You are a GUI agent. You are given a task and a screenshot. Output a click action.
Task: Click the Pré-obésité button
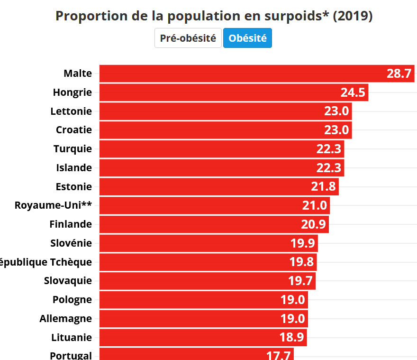(188, 38)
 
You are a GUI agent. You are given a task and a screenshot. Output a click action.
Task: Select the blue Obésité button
(247, 38)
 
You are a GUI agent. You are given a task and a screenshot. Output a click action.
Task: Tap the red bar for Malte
(256, 74)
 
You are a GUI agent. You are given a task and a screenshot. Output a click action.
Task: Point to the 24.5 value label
(353, 92)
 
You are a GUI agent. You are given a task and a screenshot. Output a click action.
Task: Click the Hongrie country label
(73, 92)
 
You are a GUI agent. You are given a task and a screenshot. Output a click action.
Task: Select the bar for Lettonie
(225, 111)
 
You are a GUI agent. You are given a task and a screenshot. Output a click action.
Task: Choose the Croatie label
(74, 130)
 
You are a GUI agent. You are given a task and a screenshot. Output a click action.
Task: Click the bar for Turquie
(221, 149)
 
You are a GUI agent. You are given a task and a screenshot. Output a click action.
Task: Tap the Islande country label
(74, 167)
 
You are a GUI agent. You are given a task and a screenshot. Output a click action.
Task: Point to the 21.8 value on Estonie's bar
(324, 186)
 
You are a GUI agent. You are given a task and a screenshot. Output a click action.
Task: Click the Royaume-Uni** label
(53, 205)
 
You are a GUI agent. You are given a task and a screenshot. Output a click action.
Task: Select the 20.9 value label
(314, 224)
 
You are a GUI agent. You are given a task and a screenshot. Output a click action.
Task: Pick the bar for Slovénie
(208, 243)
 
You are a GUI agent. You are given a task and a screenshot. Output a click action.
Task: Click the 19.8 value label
(302, 262)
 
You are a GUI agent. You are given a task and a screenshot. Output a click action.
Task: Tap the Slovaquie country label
(68, 281)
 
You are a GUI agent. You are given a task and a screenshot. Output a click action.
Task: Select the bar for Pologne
(203, 300)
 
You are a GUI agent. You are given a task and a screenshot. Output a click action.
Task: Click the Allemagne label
(66, 318)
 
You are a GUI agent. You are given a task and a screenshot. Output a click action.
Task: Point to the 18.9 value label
(292, 338)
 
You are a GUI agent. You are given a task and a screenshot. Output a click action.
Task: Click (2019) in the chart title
(353, 16)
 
